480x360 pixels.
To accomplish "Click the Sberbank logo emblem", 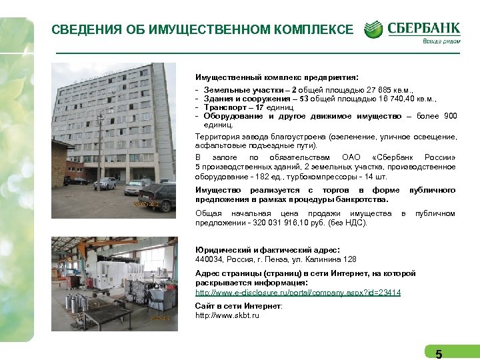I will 374,29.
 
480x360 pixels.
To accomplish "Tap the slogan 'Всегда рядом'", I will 440,41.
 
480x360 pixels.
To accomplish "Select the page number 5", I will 438,354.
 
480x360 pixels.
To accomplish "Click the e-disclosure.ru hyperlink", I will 297,293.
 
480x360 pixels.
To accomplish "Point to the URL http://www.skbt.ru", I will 227,315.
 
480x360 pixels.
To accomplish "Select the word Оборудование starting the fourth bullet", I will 233,115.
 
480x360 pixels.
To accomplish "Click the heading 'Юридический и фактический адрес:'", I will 267,249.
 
